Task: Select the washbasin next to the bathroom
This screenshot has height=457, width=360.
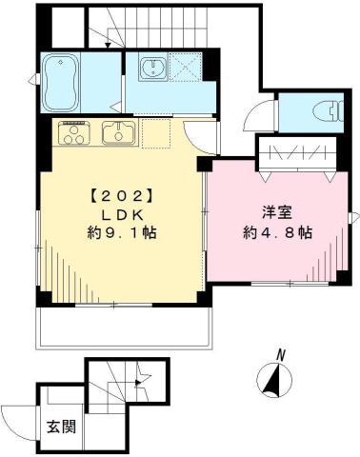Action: (152, 68)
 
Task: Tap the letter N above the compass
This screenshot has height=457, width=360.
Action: (281, 356)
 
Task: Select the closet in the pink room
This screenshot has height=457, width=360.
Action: (297, 152)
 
